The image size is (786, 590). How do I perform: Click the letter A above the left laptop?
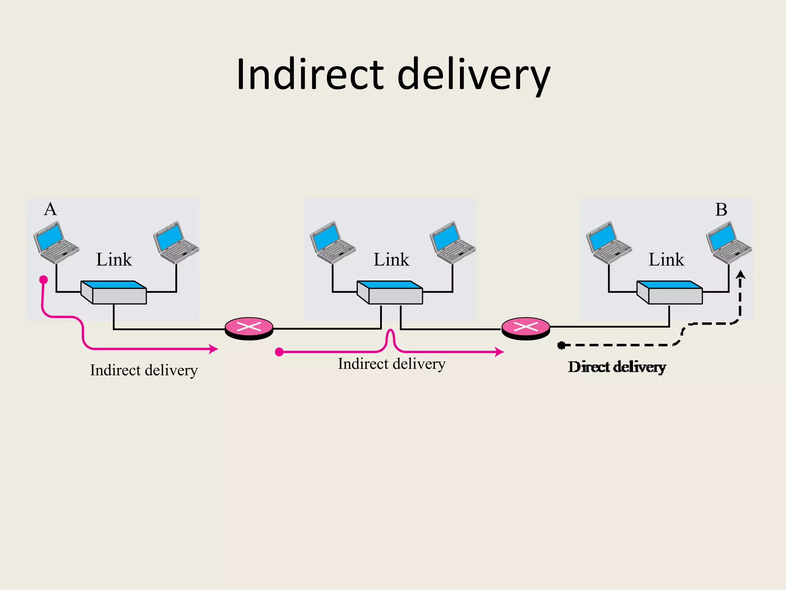50,210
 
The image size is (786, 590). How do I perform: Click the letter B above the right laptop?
721,210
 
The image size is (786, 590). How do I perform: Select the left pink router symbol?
249,328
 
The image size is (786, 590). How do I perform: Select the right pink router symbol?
526,328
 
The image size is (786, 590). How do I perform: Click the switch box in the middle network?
390,293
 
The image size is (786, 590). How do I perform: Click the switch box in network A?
114,293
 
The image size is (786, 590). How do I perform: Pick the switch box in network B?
670,293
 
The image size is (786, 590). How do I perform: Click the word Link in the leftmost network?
114,260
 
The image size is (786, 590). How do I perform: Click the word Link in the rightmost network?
666,260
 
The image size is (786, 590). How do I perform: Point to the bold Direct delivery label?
617,367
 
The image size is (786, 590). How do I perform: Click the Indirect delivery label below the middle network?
391,364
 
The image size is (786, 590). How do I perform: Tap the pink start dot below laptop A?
43,279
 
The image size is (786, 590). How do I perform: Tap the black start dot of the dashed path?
561,345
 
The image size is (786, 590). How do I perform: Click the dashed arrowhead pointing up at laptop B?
740,274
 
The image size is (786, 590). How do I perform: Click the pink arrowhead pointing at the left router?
213,349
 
